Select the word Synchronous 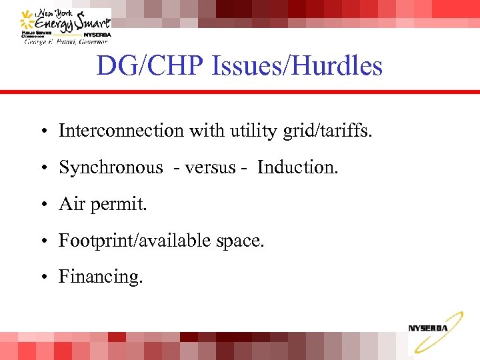(110, 167)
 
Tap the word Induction (297, 167)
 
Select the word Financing (101, 277)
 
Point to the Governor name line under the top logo (66, 41)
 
